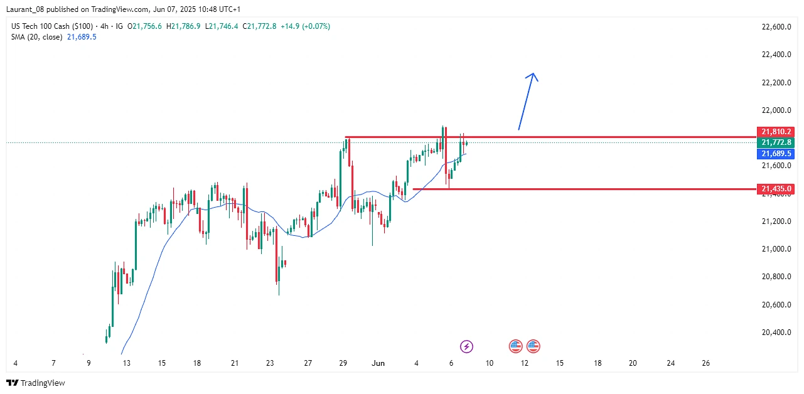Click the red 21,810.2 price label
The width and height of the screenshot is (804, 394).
click(776, 132)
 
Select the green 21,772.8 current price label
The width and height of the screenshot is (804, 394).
click(776, 142)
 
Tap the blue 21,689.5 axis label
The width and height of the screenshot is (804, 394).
click(776, 154)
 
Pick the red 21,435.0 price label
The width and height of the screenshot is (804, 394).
click(776, 188)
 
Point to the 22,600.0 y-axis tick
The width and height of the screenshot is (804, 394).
click(775, 27)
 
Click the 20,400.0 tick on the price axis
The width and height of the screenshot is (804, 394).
click(775, 333)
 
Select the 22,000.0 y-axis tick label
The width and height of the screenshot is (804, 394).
click(775, 110)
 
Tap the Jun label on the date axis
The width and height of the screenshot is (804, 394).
click(378, 363)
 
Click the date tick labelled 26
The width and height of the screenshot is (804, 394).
click(705, 363)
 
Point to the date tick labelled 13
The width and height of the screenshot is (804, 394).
click(126, 363)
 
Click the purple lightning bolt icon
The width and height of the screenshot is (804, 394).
click(466, 346)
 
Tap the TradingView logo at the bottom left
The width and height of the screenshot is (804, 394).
click(36, 383)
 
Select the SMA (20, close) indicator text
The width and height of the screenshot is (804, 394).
click(36, 37)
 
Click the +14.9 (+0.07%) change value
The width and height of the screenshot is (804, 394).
click(305, 26)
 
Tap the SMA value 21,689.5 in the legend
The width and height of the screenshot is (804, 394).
click(82, 37)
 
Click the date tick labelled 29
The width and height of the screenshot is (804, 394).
click(343, 363)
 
